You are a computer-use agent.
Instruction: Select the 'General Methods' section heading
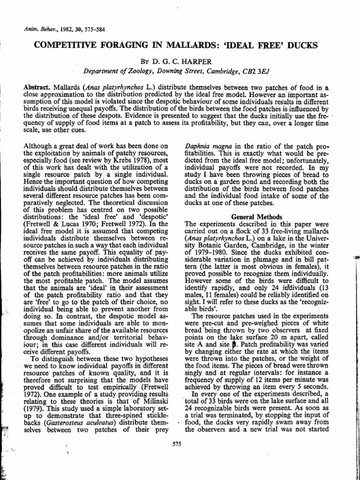pyautogui.click(x=256, y=217)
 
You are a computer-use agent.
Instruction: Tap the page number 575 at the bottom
pyautogui.click(x=177, y=444)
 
